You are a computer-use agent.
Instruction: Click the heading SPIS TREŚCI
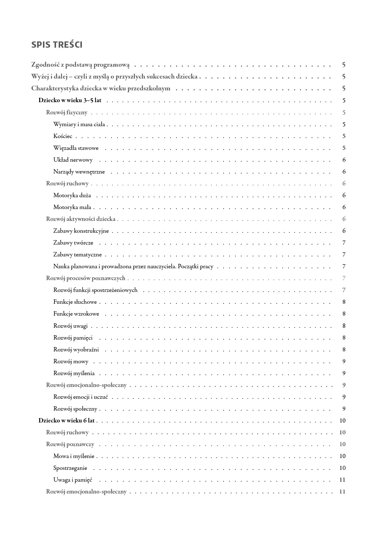pos(57,45)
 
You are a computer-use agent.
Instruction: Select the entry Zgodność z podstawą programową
pos(80,65)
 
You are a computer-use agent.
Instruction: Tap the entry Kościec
pos(63,136)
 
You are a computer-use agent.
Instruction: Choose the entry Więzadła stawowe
pos(76,148)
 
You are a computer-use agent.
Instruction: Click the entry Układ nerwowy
pos(73,160)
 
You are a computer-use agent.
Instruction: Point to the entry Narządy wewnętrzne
pos(79,172)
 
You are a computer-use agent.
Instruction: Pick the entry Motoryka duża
pos(72,195)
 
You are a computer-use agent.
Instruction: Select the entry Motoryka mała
pos(72,207)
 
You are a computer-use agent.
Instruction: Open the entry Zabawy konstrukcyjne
pos(81,231)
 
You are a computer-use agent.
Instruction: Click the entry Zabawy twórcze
pos(73,243)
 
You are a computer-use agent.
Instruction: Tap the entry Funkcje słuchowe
pos(75,302)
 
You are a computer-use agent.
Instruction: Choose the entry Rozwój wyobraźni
pos(76,350)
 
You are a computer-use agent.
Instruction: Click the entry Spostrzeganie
pos(70,468)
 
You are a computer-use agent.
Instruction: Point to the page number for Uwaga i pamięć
pos(342,480)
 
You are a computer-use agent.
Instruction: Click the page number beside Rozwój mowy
pos(344,361)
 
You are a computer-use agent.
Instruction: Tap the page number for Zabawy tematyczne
pos(344,255)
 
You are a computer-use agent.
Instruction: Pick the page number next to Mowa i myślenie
pos(342,456)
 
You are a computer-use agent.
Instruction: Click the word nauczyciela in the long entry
pos(161,266)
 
